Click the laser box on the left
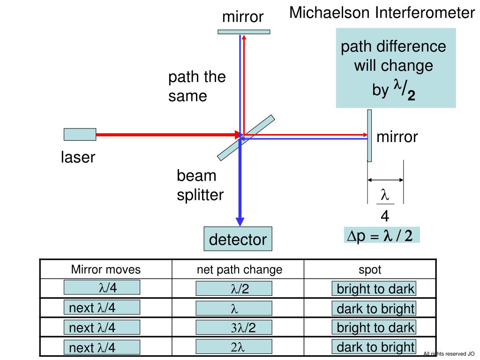[80, 135]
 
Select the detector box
[238, 240]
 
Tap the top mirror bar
[244, 32]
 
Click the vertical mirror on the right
[369, 135]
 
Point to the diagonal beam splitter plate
[246, 136]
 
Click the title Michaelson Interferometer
[382, 13]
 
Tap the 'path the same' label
[197, 86]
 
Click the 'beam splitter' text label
[200, 185]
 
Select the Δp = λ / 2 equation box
[381, 236]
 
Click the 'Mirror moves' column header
[106, 270]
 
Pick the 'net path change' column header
[239, 270]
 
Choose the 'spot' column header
[370, 270]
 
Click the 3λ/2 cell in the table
[234, 328]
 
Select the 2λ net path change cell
[234, 347]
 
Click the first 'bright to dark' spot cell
[374, 289]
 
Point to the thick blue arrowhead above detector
[240, 221]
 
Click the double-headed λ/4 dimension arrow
[385, 180]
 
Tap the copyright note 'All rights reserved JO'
[449, 354]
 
